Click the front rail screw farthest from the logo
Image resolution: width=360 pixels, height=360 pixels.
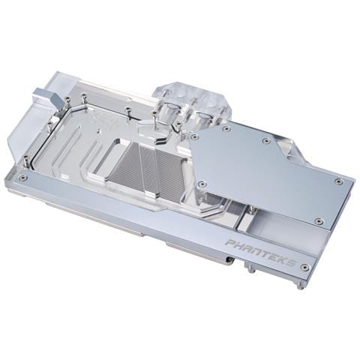tap(22, 178)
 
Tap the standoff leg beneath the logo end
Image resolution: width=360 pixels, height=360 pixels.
tap(300, 284)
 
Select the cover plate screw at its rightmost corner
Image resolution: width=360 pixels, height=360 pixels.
tap(338, 181)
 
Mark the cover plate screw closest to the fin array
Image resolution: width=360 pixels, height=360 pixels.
tap(193, 137)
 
